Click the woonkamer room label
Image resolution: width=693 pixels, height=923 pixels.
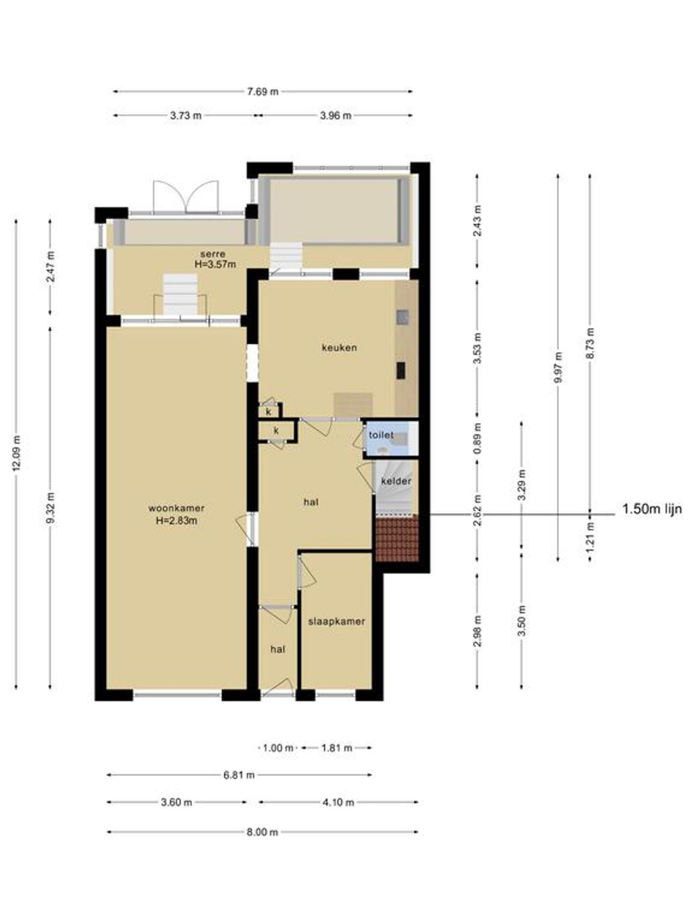[x=176, y=508]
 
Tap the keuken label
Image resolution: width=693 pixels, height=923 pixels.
[x=339, y=348]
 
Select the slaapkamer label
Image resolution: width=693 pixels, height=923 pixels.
[x=336, y=622]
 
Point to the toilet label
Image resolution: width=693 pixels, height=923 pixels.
[x=381, y=435]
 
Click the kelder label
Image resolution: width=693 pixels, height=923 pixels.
[x=396, y=481]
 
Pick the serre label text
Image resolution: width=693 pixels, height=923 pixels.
[x=213, y=254]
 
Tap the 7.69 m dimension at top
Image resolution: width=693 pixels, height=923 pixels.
[x=262, y=92]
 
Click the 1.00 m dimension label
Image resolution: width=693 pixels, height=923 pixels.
[x=278, y=748]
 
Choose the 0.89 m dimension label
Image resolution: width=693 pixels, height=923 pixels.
[x=477, y=438]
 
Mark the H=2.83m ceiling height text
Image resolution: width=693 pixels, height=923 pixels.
[x=176, y=520]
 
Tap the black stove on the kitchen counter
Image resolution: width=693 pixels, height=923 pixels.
[x=400, y=370]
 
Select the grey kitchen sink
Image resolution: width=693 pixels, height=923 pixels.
[x=402, y=318]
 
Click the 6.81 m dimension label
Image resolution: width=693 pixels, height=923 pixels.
[x=239, y=775]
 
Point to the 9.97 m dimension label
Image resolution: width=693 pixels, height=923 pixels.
[x=558, y=367]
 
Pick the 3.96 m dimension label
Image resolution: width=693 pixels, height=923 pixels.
[x=336, y=115]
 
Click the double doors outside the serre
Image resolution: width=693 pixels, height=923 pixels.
[x=185, y=197]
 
